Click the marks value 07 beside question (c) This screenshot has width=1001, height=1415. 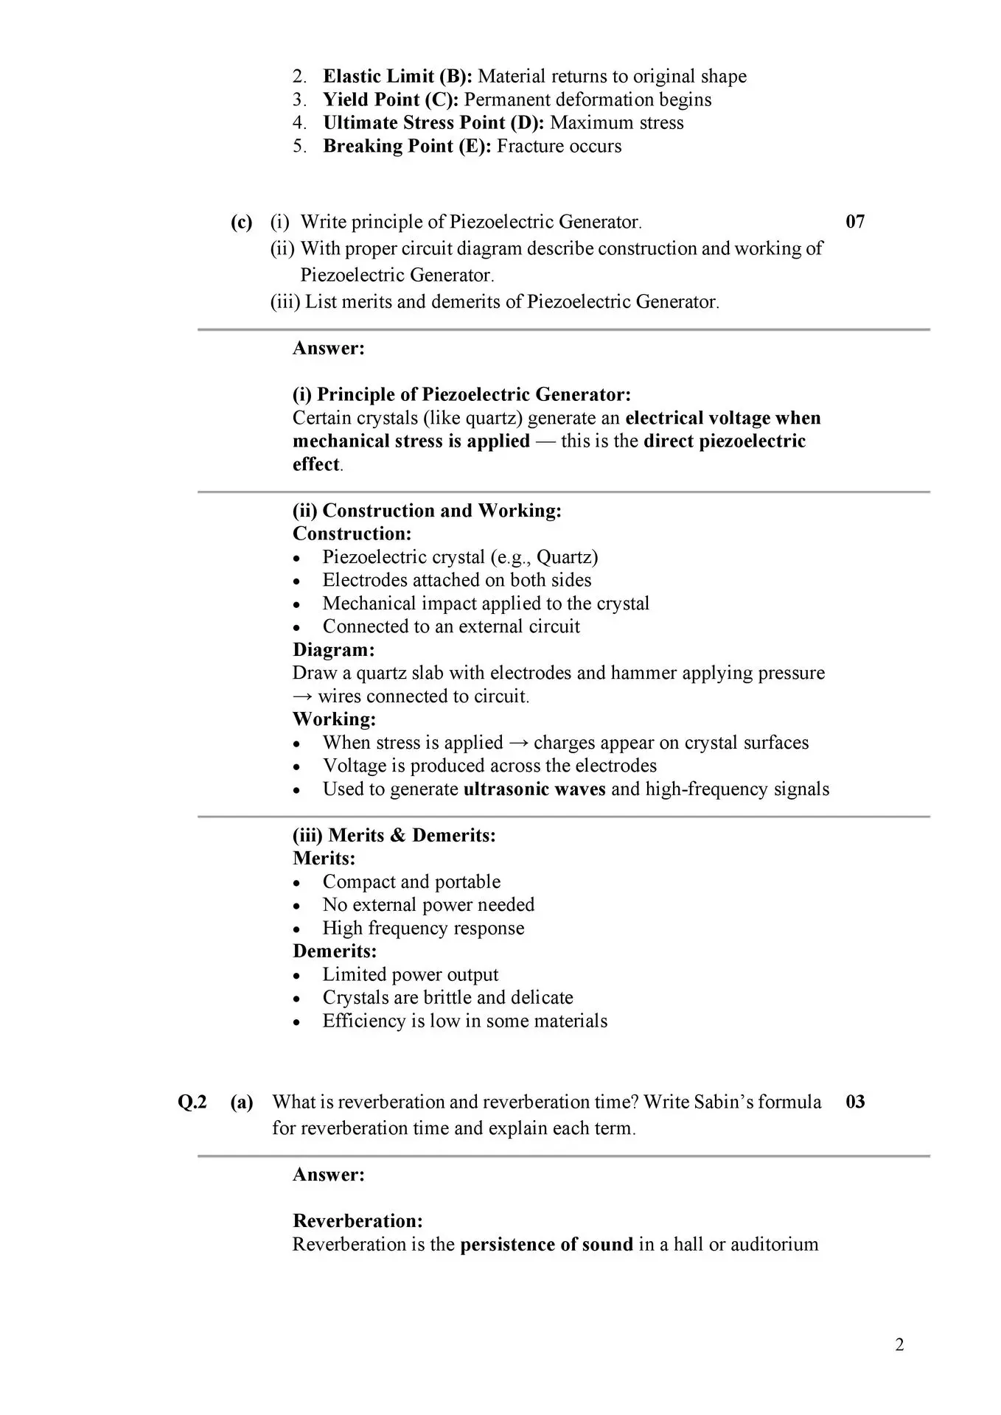tap(855, 222)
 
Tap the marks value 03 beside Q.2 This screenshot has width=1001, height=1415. tap(855, 1102)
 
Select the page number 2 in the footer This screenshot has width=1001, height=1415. tap(899, 1345)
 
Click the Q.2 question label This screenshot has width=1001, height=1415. tap(192, 1102)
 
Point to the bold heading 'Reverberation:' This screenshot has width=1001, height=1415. tap(357, 1220)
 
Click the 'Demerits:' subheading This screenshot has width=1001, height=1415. tap(335, 951)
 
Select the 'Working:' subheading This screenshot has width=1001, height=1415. tap(334, 719)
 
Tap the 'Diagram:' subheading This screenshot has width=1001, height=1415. tap(333, 649)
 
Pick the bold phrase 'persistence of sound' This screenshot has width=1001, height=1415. tap(546, 1244)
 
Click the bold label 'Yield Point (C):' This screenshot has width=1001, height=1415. tap(391, 99)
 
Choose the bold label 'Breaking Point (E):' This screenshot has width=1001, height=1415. tap(407, 146)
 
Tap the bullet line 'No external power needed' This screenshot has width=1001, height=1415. tap(428, 904)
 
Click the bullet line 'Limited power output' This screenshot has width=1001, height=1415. tap(411, 974)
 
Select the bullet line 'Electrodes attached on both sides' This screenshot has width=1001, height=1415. tap(457, 580)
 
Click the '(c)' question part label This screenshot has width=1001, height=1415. tap(241, 222)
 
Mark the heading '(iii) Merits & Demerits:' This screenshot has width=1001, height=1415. tap(394, 835)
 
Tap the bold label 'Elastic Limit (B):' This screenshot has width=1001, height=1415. tap(398, 76)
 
